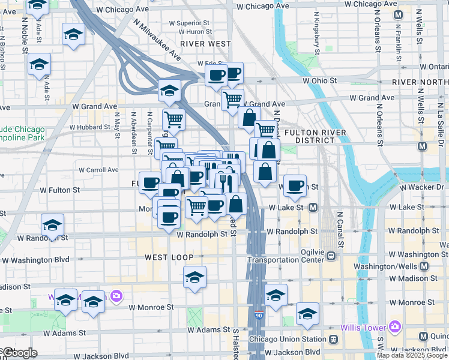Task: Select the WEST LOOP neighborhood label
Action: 169,257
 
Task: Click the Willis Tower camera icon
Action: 394,327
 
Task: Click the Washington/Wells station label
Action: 391,265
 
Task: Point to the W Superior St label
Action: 188,23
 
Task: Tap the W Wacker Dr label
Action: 424,188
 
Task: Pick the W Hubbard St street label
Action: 91,127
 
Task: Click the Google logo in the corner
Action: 19,353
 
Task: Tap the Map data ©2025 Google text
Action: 411,355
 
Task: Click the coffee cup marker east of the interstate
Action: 295,186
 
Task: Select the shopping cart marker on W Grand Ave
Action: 232,98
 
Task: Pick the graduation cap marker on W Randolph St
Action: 53,226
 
